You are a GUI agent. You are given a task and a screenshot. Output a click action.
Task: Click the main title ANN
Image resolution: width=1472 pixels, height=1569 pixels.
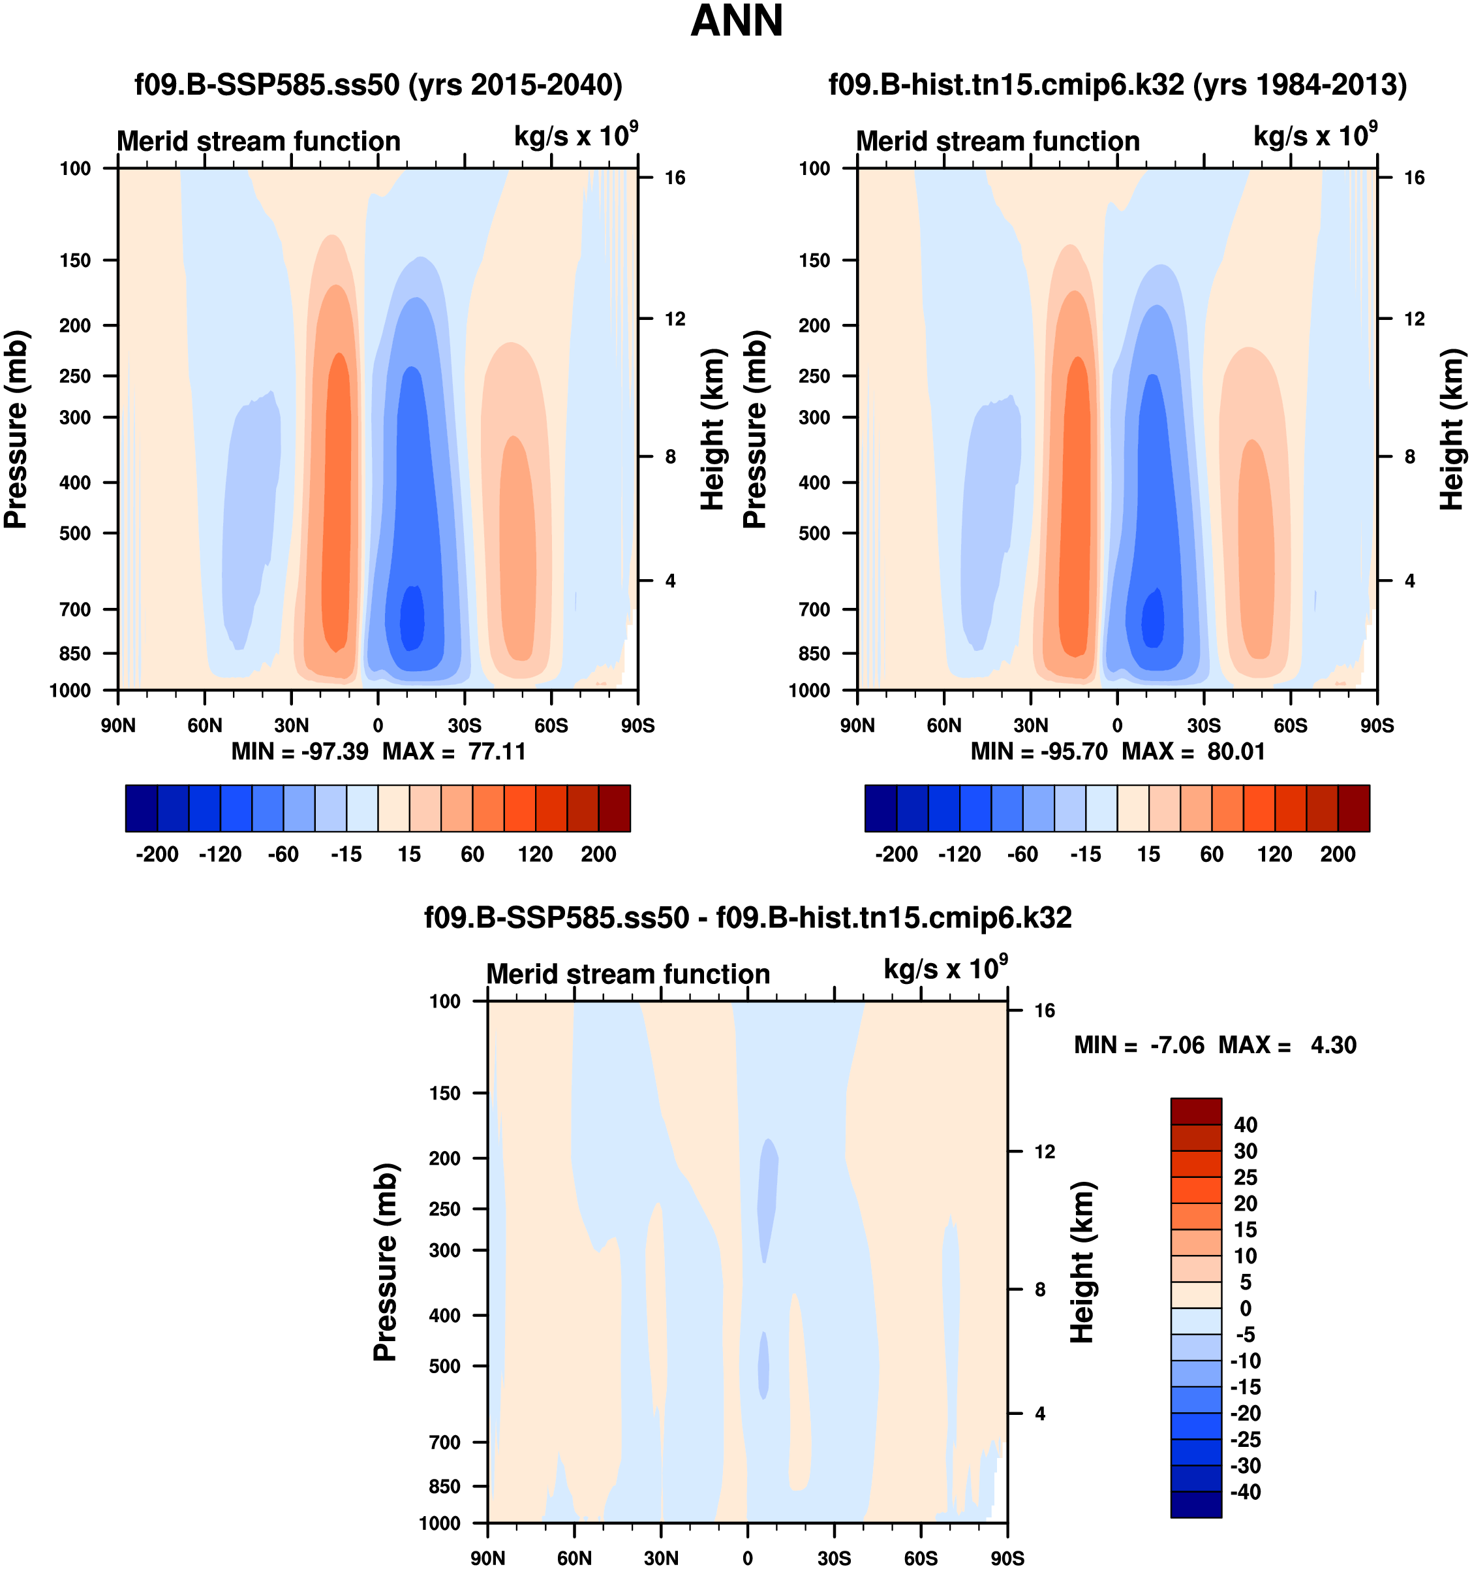tap(736, 22)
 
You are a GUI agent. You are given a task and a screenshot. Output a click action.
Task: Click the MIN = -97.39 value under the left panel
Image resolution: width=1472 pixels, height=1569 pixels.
tap(299, 752)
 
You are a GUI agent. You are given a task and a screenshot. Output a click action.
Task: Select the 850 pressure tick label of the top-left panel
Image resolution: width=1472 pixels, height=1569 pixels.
tap(76, 654)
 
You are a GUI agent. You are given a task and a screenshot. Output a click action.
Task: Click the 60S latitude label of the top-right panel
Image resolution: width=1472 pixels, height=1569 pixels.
tap(1291, 725)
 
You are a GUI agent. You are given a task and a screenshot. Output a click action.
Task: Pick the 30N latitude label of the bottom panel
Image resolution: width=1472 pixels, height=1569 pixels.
tap(661, 1558)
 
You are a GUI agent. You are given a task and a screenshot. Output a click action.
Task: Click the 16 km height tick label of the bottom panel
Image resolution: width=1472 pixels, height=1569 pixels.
tap(1045, 1011)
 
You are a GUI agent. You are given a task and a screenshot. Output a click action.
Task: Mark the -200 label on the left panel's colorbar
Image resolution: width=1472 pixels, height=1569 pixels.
tap(157, 854)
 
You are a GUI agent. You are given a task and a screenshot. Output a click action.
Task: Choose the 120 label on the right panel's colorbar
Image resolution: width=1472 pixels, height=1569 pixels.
tap(1275, 854)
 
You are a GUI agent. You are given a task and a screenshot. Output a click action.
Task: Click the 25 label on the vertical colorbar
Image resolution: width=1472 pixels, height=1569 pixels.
tap(1246, 1177)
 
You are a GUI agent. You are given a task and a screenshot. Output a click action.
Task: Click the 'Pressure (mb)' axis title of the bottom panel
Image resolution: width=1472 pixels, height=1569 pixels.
tap(385, 1262)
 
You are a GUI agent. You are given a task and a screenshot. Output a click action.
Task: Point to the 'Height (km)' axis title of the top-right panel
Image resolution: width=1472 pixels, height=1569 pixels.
tap(1452, 430)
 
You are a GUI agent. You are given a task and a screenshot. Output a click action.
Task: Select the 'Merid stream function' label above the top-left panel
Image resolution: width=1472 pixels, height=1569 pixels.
tap(259, 141)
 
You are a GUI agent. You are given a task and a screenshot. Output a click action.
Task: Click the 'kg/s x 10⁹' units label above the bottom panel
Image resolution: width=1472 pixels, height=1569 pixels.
tap(945, 969)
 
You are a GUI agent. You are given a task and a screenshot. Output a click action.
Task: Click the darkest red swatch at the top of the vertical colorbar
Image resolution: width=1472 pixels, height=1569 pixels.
tap(1196, 1111)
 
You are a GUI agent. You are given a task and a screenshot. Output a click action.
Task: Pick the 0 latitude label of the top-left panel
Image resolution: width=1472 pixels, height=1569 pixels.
tap(378, 725)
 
